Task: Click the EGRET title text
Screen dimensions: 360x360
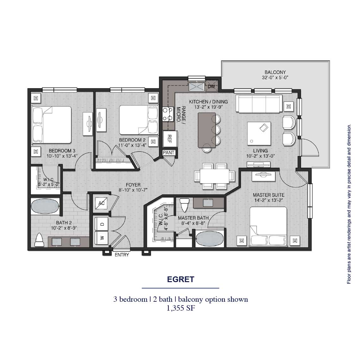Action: coord(180,280)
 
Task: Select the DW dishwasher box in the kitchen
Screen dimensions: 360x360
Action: coord(211,86)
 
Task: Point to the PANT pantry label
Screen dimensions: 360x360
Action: coord(168,153)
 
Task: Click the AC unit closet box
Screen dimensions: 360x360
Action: coord(101,203)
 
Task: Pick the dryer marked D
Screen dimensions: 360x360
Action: coord(102,224)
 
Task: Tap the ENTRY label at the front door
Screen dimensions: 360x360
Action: coord(122,255)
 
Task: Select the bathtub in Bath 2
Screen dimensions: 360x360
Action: coord(45,207)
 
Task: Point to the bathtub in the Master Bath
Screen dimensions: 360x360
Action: coord(209,239)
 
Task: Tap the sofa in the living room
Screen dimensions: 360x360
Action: coord(259,104)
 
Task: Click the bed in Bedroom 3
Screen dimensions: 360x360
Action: coord(51,125)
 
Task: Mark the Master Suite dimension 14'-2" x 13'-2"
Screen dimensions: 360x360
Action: coord(268,200)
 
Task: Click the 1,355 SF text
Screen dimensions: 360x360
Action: coord(180,308)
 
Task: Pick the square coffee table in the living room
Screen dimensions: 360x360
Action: coord(259,132)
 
